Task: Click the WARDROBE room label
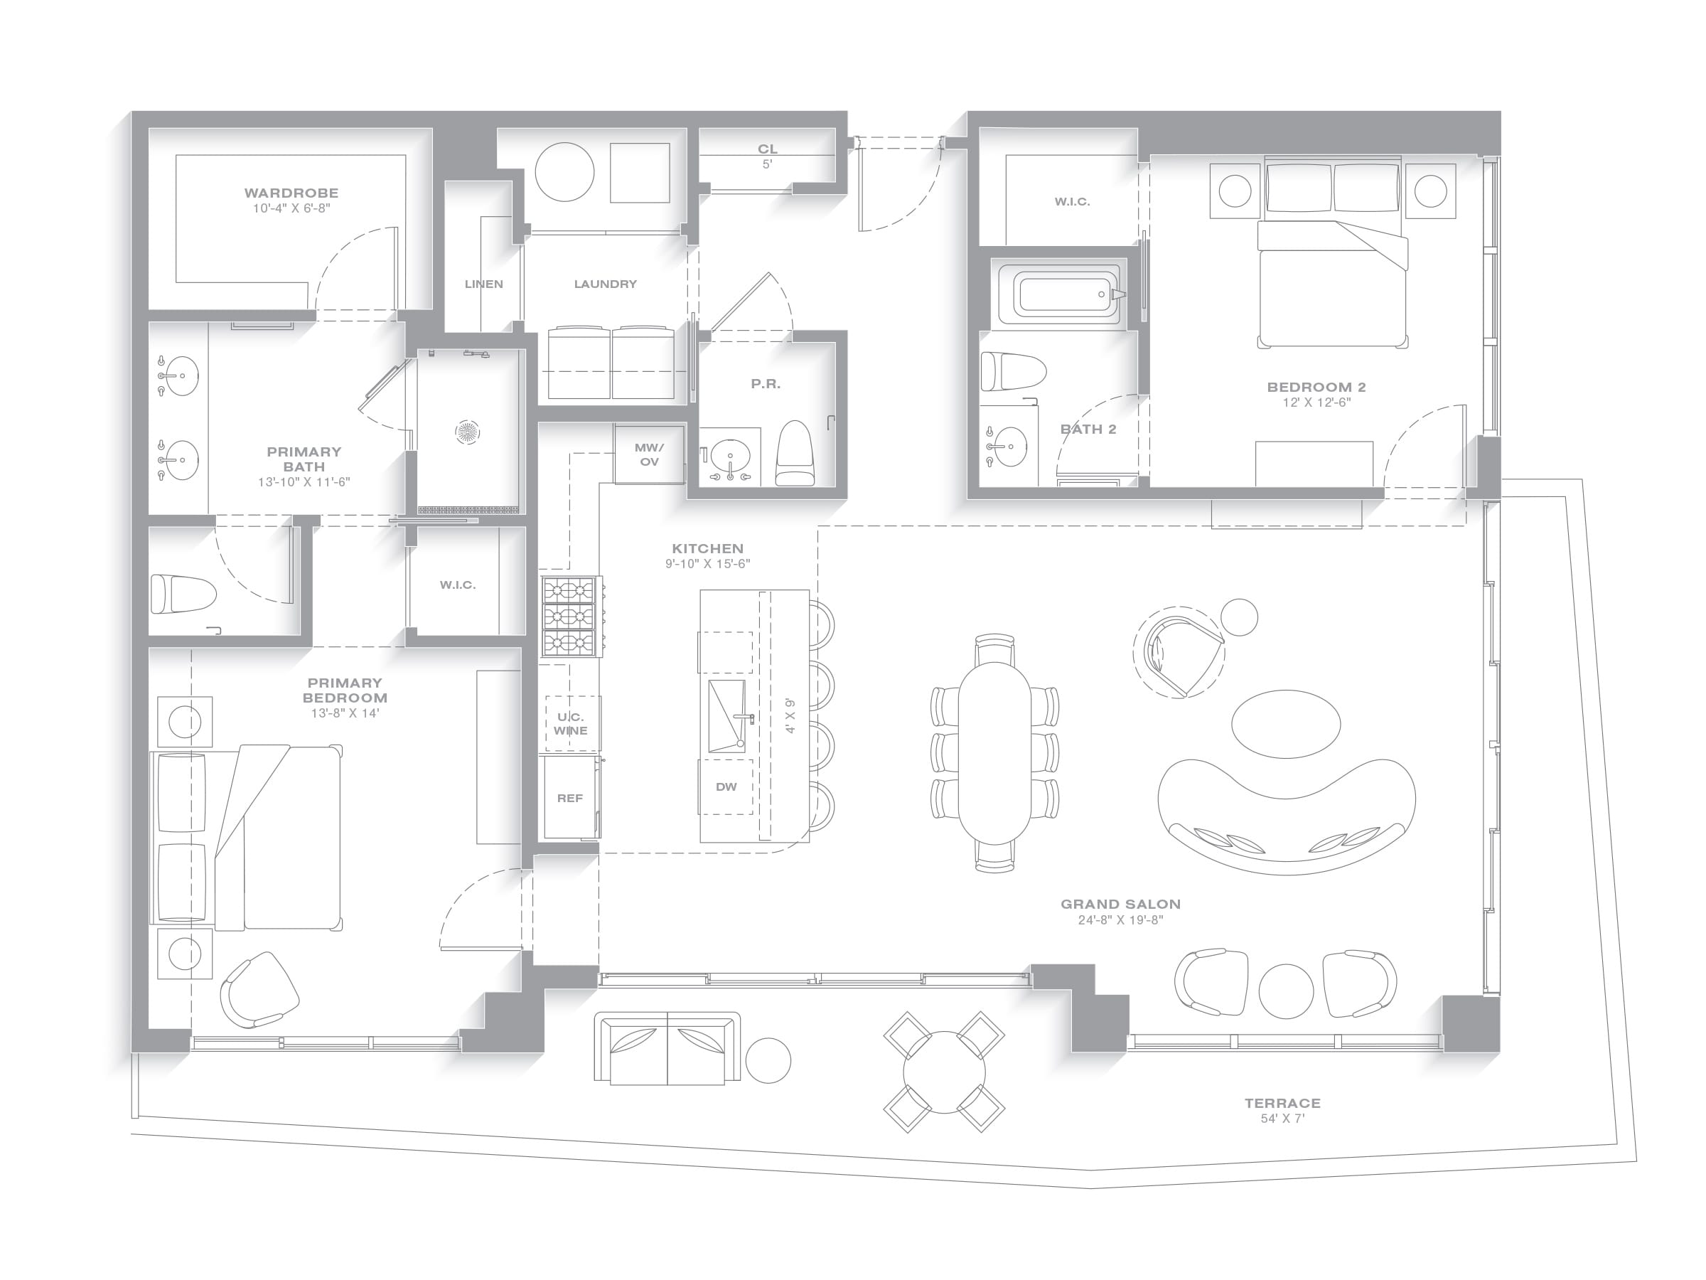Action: coord(291,193)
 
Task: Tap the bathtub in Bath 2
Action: coord(1058,294)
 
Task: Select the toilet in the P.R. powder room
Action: coord(795,454)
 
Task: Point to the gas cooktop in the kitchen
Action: coord(571,617)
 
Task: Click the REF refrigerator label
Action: coord(569,799)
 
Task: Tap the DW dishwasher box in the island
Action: coord(726,787)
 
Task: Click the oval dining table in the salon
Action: coord(994,753)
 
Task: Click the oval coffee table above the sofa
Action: coord(1286,724)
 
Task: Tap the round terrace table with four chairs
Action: coord(944,1072)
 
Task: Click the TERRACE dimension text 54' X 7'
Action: coord(1282,1119)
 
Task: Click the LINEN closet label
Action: coord(483,284)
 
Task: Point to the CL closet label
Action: coord(768,149)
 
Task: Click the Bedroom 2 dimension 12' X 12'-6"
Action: coord(1316,402)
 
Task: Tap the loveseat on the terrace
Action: coord(667,1050)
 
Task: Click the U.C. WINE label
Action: coord(571,724)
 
